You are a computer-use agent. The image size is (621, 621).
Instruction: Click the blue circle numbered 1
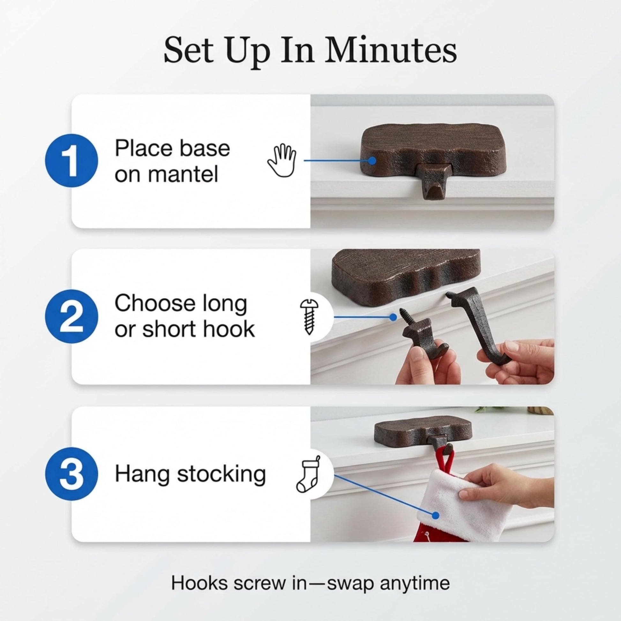(71, 161)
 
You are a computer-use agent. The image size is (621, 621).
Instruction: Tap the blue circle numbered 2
(71, 316)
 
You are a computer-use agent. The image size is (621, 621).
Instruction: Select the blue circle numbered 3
(71, 474)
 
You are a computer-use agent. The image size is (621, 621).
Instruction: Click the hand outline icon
(282, 161)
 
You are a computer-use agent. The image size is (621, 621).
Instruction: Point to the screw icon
(309, 317)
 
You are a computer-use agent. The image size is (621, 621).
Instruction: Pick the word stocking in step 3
(221, 475)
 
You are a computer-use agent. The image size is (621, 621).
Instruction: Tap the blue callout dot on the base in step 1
(372, 161)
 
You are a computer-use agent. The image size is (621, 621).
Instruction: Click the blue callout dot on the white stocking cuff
(435, 516)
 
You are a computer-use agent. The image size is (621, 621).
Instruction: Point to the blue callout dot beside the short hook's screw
(393, 317)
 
